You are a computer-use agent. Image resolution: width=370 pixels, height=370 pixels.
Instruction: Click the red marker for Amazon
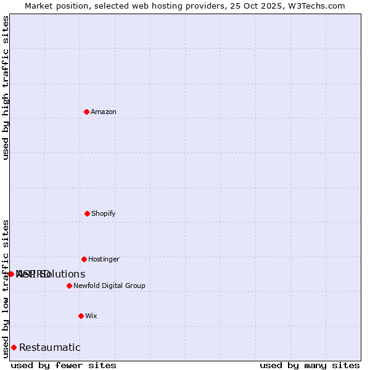87,112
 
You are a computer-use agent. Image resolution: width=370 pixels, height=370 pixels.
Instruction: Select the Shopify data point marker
87,213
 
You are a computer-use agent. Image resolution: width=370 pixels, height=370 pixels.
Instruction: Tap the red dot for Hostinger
84,259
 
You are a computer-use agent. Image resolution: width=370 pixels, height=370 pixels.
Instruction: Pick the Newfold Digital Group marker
69,286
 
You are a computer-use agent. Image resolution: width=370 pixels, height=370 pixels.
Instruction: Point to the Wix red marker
81,316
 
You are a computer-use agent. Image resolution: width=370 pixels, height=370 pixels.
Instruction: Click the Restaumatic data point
14,347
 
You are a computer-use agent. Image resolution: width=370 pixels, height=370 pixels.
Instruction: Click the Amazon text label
104,112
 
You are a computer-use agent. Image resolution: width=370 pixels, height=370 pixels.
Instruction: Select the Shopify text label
104,213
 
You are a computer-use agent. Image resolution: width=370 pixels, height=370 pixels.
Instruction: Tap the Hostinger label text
104,259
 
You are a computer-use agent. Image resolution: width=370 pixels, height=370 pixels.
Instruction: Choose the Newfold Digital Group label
109,286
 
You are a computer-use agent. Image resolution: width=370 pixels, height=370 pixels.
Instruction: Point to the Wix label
91,316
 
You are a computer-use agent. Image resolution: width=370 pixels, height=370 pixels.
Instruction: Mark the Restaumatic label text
50,347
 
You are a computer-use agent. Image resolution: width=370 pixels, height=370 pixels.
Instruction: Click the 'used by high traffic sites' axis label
6,88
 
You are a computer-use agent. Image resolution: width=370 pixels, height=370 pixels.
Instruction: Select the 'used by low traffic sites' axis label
6,289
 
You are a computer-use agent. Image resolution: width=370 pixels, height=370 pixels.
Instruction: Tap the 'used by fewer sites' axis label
64,365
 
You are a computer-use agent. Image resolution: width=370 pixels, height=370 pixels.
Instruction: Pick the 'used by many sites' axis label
310,365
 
